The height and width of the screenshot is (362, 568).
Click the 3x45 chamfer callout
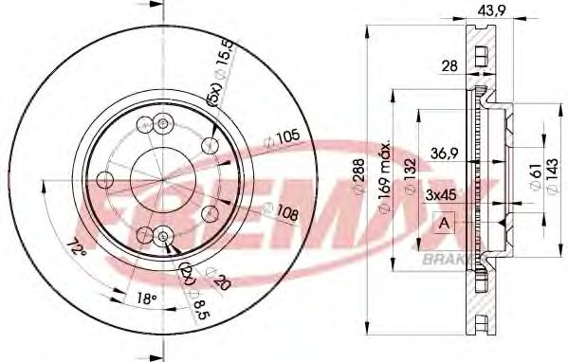coord(443,195)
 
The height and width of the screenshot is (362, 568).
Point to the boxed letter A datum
coord(442,224)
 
